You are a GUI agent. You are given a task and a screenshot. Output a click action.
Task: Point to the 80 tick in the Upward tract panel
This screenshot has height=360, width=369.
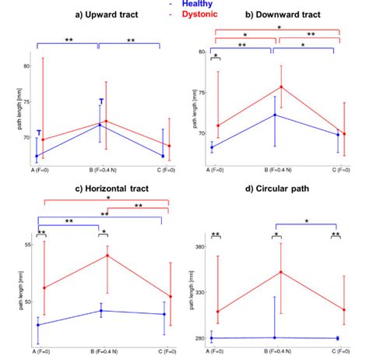tap(27, 66)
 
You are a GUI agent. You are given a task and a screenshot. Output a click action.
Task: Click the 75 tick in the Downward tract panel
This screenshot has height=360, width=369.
tap(202, 92)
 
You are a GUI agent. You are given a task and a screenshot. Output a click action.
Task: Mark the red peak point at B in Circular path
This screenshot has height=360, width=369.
tap(274, 272)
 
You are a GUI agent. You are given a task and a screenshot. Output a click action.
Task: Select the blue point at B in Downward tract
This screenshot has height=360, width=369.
tap(273, 115)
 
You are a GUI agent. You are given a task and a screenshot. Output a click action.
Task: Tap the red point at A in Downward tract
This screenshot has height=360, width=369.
tap(217, 125)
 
